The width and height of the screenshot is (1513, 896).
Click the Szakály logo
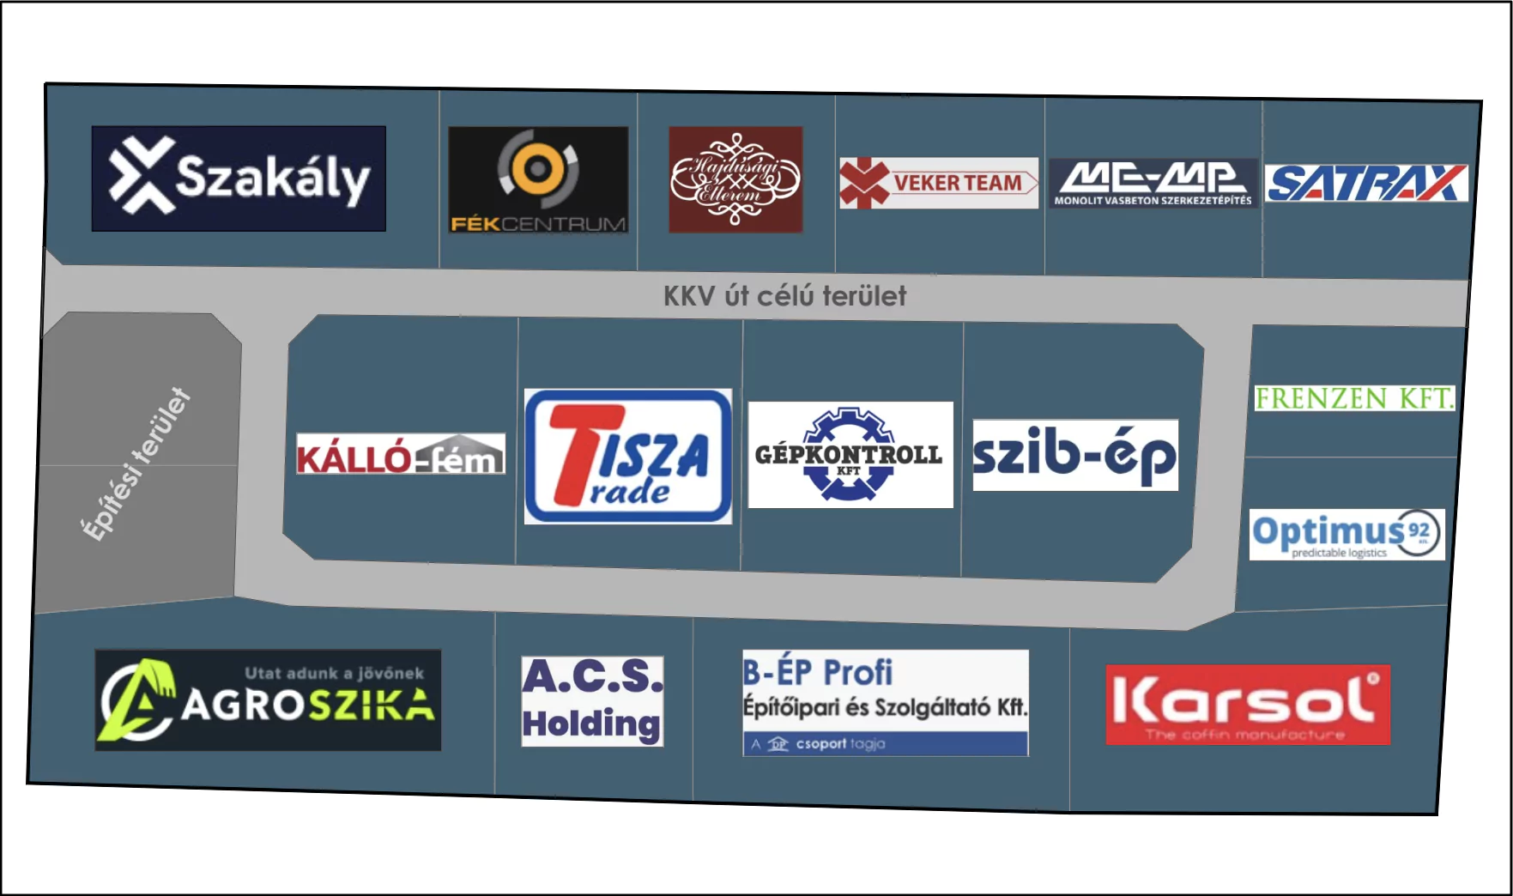(239, 179)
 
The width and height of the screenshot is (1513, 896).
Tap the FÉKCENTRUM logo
(538, 180)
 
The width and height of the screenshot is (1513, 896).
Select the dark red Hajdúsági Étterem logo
(735, 179)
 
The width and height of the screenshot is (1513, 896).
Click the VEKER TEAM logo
(939, 183)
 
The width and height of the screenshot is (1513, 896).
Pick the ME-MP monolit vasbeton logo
(1153, 183)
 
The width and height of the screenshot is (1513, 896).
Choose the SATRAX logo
(1366, 183)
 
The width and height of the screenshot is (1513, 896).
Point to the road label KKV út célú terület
(784, 296)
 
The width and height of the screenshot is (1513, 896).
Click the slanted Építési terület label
(136, 464)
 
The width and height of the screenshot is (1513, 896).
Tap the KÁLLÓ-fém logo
(401, 454)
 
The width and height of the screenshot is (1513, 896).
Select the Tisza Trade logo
(628, 457)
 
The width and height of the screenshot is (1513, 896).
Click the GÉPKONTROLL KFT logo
(850, 455)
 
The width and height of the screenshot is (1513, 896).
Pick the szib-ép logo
(1075, 455)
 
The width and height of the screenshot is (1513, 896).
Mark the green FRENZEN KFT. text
(1354, 398)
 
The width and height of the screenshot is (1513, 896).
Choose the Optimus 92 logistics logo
(1347, 535)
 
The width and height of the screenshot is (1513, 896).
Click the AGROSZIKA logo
(268, 700)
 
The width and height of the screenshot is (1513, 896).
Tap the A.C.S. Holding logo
(592, 701)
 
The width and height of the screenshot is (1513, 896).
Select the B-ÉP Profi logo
(885, 703)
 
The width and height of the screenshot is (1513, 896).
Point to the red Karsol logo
(1248, 705)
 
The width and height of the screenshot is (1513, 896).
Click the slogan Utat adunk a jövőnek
(334, 674)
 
